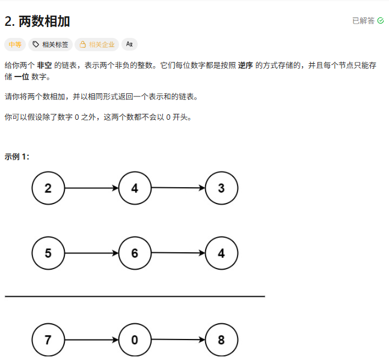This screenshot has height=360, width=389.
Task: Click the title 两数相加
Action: pos(44,21)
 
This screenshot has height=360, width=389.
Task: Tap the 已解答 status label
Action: pos(363,20)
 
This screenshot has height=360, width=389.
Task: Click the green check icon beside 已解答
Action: pos(381,20)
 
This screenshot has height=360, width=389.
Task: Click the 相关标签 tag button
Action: pos(51,44)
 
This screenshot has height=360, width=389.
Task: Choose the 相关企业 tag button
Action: pos(96,44)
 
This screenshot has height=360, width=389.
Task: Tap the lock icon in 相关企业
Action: pos(83,44)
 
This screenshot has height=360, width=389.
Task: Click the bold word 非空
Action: pos(44,66)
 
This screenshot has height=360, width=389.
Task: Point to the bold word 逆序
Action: pos(245,66)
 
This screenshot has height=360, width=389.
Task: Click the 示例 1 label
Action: pos(17,157)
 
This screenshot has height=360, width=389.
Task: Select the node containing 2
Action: pos(48,188)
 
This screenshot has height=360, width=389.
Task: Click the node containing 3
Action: pos(221,188)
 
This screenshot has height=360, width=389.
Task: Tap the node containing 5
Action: pos(48,253)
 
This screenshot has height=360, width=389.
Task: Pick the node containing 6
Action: pos(135,253)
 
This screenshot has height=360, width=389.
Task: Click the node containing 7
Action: pos(48,340)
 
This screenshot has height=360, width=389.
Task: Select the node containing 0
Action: pos(135,340)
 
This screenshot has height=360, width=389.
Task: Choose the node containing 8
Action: pos(221,340)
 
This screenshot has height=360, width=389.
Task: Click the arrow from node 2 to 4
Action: pos(91,188)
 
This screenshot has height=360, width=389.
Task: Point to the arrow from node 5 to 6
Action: pos(91,253)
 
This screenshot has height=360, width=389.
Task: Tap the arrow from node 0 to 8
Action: pos(178,340)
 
